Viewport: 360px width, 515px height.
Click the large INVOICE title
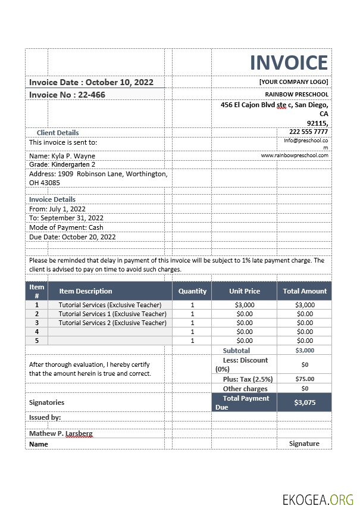tap(289, 63)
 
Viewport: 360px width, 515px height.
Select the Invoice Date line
tap(91, 82)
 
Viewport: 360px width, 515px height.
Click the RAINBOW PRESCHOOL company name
tap(296, 94)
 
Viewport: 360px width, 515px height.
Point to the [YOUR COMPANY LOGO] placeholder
tap(293, 82)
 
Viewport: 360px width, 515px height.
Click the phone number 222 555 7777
tap(308, 132)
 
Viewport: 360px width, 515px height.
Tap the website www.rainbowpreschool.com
tap(295, 155)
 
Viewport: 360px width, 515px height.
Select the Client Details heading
tap(58, 133)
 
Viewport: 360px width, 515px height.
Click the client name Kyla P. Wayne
tap(62, 156)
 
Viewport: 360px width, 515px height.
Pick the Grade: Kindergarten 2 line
tap(62, 164)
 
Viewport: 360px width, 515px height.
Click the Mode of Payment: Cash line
tap(66, 227)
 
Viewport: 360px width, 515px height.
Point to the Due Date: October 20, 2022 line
tap(72, 237)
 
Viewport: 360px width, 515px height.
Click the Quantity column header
tap(192, 291)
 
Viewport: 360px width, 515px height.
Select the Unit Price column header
tap(245, 291)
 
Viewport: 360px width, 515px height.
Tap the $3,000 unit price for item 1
tap(245, 305)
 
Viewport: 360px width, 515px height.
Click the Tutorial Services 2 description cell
tap(112, 323)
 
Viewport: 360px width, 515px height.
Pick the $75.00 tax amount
tap(305, 379)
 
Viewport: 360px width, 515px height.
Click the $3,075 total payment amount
tap(305, 402)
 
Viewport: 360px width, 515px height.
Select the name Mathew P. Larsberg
tap(61, 433)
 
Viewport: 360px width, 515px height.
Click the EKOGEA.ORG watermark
tap(318, 500)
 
